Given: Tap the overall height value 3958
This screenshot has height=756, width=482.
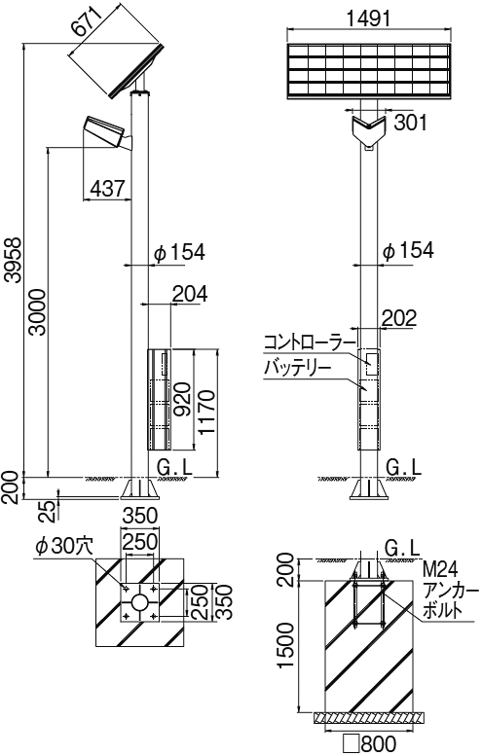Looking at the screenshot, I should point(13,262).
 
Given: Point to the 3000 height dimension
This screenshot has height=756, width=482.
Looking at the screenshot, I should point(36,312).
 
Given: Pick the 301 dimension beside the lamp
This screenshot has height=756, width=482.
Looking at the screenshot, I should point(409,122).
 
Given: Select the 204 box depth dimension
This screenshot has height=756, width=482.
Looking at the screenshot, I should point(188,292).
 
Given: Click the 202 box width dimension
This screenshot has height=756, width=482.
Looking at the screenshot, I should point(398,317).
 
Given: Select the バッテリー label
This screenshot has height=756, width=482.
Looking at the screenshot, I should point(297,368).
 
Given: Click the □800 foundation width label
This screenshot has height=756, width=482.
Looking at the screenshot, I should point(369,744).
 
